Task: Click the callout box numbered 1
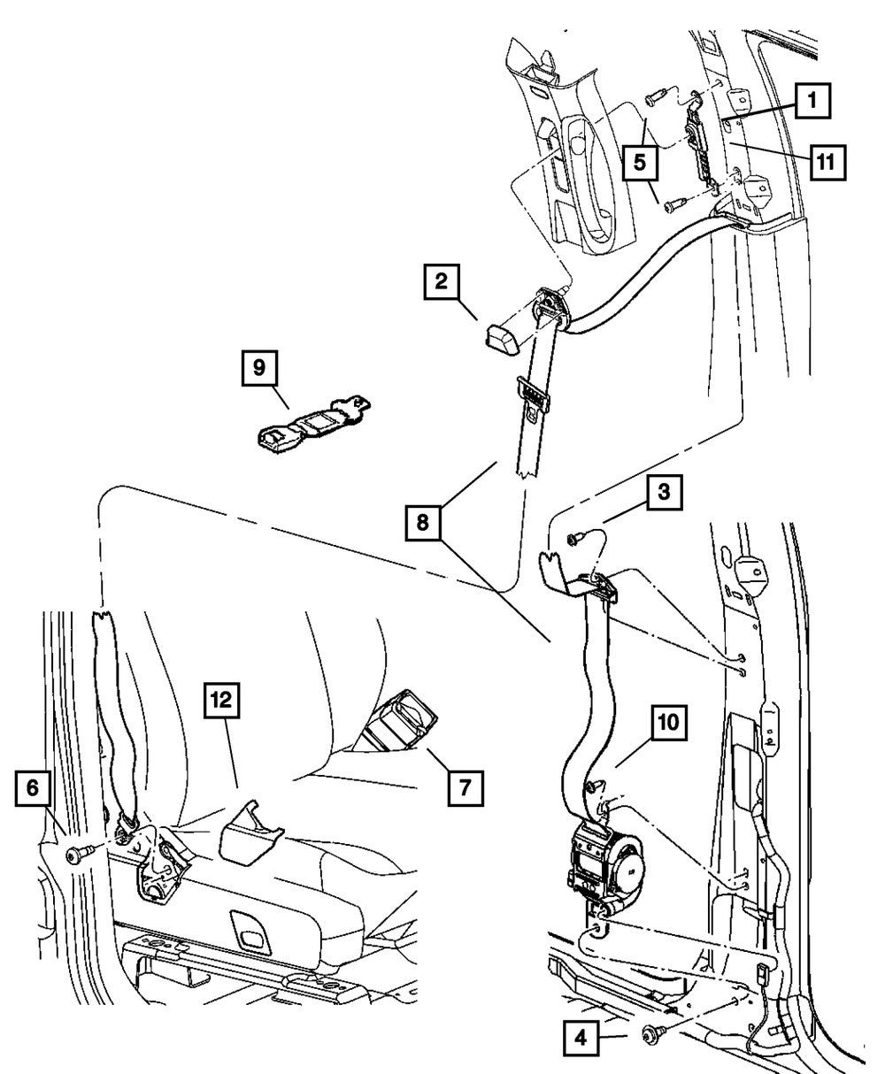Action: pyautogui.click(x=812, y=102)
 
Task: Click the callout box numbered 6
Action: pyautogui.click(x=33, y=787)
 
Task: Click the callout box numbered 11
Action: pyautogui.click(x=826, y=161)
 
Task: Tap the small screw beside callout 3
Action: pyautogui.click(x=576, y=534)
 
